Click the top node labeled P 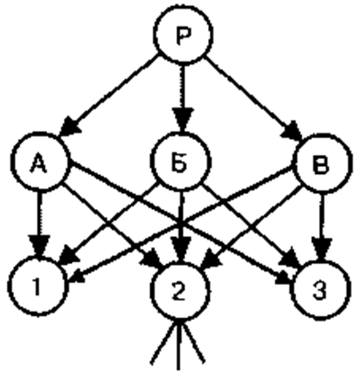[183, 34]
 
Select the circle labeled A [40, 162]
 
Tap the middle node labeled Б [180, 161]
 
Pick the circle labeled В [322, 164]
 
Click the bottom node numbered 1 [38, 287]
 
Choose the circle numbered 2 [179, 292]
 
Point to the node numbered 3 [321, 290]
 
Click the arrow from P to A [108, 95]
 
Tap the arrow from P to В [253, 98]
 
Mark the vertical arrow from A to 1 [39, 224]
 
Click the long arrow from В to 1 [182, 224]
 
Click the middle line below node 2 [178, 345]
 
